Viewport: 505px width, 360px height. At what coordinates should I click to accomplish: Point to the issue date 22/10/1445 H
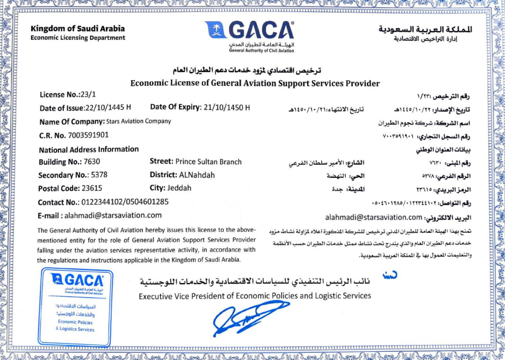click(109, 107)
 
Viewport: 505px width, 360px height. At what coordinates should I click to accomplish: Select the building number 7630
click(92, 162)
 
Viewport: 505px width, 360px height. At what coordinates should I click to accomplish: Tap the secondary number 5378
click(100, 175)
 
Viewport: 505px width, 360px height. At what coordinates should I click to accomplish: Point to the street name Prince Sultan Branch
click(208, 161)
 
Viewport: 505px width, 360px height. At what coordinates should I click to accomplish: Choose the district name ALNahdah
click(197, 175)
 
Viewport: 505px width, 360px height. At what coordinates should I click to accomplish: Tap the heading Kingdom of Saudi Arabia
click(77, 28)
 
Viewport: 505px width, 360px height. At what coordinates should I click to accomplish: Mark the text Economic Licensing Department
click(77, 38)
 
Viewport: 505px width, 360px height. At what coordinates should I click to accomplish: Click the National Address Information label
click(89, 149)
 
